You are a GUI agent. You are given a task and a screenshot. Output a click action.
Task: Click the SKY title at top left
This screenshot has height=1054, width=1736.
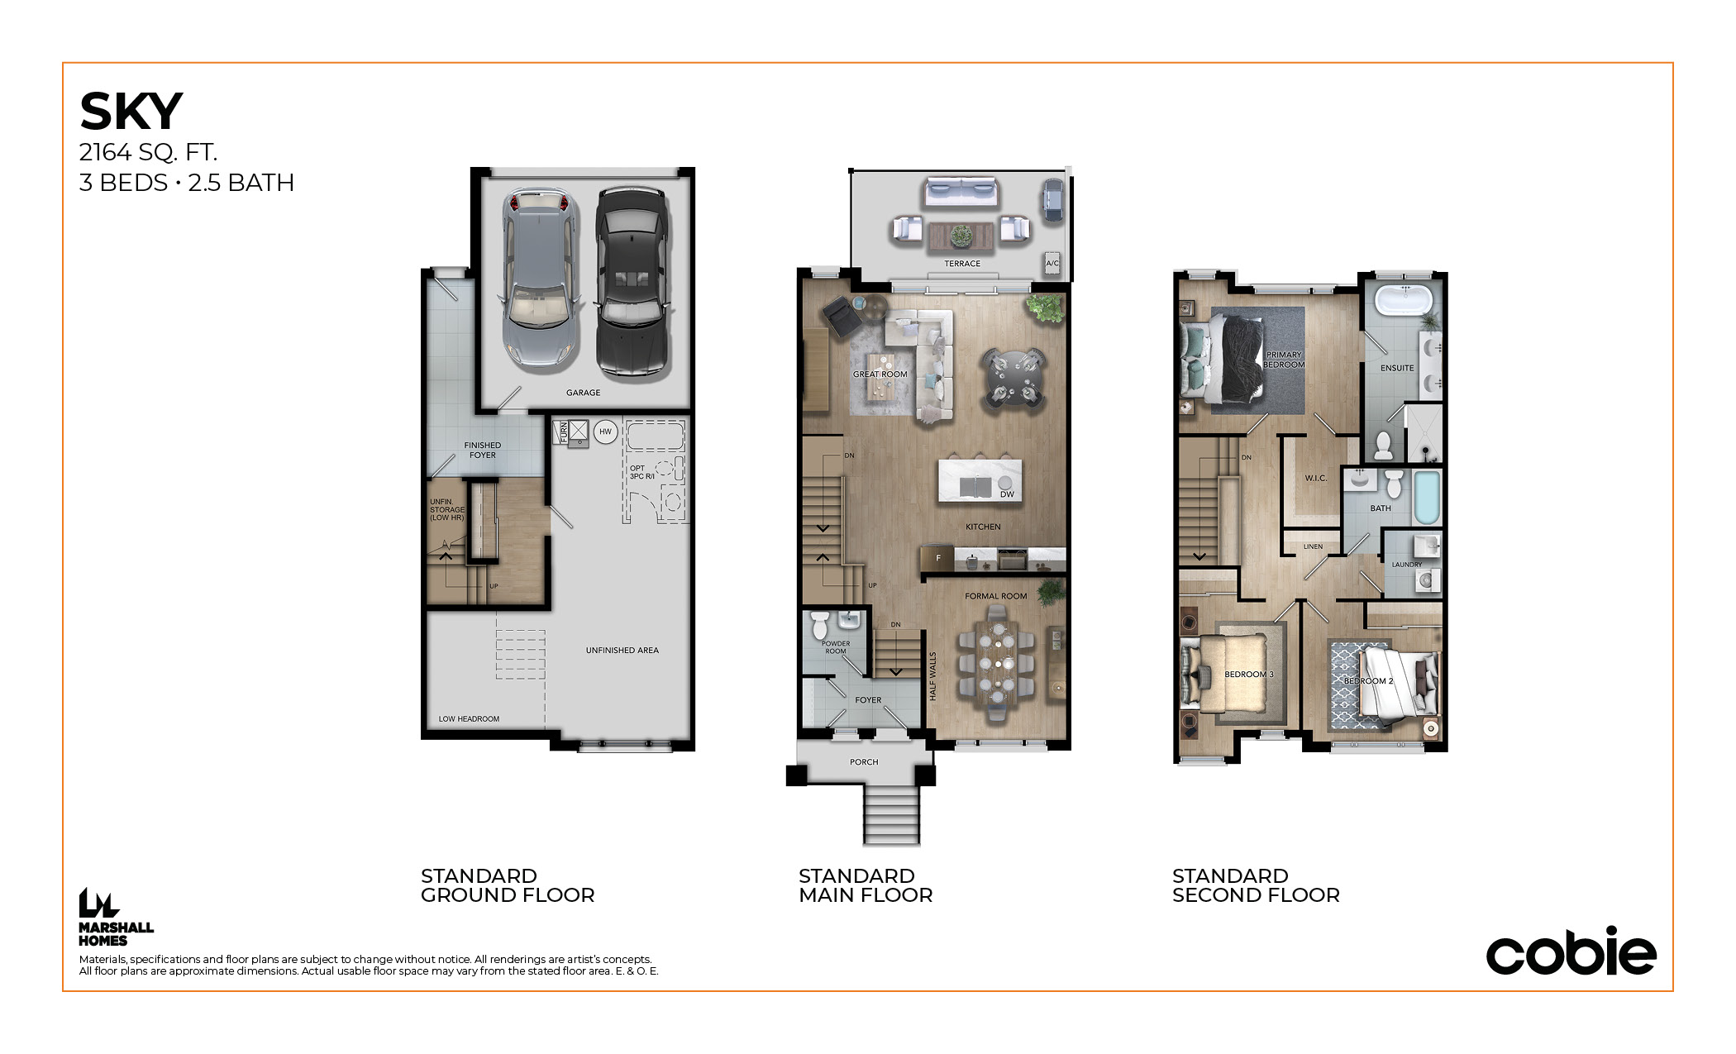pyautogui.click(x=131, y=112)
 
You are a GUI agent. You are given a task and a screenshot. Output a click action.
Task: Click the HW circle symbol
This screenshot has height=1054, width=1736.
pyautogui.click(x=606, y=432)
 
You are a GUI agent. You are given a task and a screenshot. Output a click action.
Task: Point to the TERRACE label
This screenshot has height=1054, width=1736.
pyautogui.click(x=962, y=264)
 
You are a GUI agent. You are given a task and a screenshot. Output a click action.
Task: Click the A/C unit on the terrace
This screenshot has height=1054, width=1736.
pyautogui.click(x=1052, y=263)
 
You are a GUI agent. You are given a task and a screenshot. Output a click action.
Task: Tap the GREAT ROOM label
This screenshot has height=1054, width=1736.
pyautogui.click(x=880, y=374)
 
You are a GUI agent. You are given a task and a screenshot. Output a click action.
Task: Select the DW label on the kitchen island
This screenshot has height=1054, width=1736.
pyautogui.click(x=1007, y=494)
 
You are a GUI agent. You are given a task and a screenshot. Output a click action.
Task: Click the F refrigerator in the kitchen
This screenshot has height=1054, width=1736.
pyautogui.click(x=937, y=559)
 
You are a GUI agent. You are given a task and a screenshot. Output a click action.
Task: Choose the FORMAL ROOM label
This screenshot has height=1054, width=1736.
pyautogui.click(x=996, y=596)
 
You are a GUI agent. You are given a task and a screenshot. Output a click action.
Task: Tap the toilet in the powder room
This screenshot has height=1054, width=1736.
pyautogui.click(x=819, y=626)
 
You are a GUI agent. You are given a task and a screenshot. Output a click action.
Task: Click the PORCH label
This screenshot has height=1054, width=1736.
pyautogui.click(x=864, y=762)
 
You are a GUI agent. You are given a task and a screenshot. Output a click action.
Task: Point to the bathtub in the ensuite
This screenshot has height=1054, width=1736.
pyautogui.click(x=1404, y=299)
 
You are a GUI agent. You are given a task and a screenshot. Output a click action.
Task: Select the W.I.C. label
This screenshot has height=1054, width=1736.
pyautogui.click(x=1316, y=479)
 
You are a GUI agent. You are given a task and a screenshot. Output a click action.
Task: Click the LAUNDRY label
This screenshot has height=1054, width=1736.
pyautogui.click(x=1407, y=565)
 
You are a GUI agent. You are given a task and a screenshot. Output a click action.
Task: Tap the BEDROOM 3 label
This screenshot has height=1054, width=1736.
pyautogui.click(x=1249, y=675)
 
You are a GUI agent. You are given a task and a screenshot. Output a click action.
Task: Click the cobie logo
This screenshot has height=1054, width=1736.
pyautogui.click(x=1571, y=951)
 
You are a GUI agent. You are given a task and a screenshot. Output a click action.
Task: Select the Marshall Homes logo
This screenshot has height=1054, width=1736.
pyautogui.click(x=116, y=917)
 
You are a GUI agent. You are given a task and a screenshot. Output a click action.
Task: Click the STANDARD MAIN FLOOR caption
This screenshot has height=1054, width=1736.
pyautogui.click(x=866, y=885)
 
